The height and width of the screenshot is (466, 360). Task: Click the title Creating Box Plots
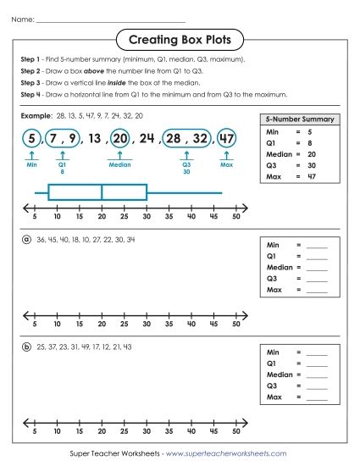(179, 40)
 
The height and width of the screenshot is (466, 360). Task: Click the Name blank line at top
(110, 18)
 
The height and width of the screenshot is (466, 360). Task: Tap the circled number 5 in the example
(31, 138)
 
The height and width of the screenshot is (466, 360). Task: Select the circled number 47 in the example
(226, 138)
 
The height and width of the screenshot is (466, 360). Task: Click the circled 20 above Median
(119, 138)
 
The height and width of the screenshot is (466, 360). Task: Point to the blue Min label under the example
(31, 165)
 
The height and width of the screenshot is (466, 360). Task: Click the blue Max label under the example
(226, 165)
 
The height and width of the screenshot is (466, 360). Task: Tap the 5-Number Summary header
(300, 119)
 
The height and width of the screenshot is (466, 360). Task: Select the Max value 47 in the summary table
(312, 177)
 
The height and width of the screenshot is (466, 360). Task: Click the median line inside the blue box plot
(102, 192)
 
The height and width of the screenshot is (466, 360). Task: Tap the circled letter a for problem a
(26, 240)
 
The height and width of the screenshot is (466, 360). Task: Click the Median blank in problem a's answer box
(317, 267)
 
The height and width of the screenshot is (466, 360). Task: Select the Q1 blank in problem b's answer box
(317, 363)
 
